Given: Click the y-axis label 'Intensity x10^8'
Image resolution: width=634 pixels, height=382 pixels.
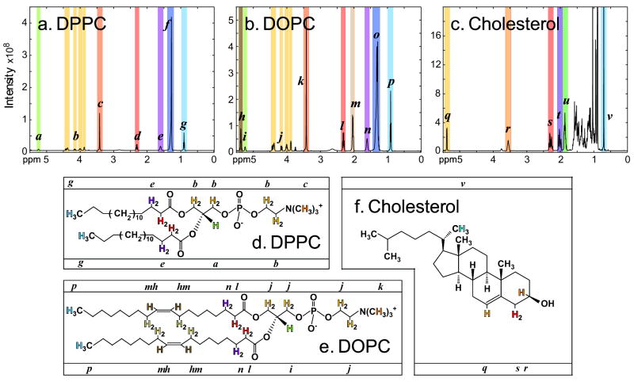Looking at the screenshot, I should coord(11,80).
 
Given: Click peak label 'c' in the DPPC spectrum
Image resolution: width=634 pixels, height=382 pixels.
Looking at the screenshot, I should coord(100,104).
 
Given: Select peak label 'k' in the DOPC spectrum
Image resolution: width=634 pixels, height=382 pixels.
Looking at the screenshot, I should coord(300,81).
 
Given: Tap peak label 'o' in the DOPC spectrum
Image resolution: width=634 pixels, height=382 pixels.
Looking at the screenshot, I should coord(376,35).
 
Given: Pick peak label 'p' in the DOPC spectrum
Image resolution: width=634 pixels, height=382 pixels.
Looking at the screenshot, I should coord(391,82).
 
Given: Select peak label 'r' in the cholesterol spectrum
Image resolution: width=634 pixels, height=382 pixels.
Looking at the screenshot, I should coord(507,128).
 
